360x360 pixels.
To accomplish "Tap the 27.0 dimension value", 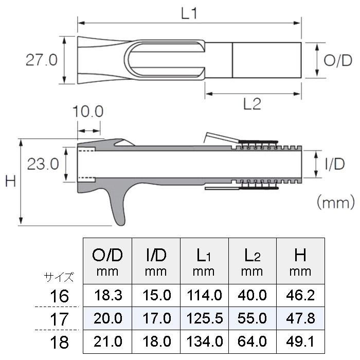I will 42,60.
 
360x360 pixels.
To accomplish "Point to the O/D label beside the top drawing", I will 338,60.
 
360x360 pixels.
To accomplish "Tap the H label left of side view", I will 10,182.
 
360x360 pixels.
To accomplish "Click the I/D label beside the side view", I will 335,165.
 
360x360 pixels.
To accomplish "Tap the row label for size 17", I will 60,319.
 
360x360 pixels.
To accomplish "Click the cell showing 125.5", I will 205,319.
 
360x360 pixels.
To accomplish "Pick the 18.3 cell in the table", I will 107,295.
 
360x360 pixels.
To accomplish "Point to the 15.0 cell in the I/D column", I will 156,295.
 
